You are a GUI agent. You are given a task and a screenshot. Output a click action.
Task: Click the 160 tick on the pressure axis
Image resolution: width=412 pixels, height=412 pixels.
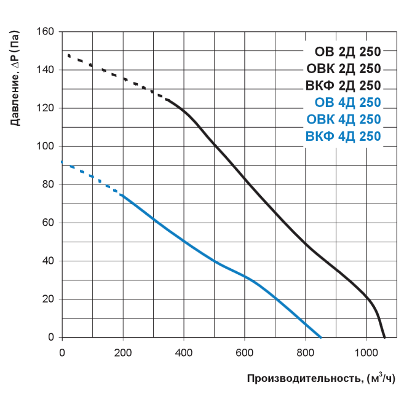click(x=46, y=32)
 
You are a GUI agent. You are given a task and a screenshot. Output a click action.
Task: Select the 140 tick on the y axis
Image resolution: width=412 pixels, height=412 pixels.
click(x=46, y=70)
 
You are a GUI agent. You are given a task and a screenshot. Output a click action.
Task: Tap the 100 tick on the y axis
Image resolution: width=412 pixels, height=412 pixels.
click(x=46, y=146)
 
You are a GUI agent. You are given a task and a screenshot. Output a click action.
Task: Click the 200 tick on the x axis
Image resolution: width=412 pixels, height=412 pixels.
click(x=123, y=352)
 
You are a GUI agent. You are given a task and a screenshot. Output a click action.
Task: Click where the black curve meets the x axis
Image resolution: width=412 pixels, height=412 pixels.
click(x=384, y=337)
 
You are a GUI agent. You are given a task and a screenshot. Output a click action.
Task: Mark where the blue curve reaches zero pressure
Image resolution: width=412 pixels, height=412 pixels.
click(x=321, y=337)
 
